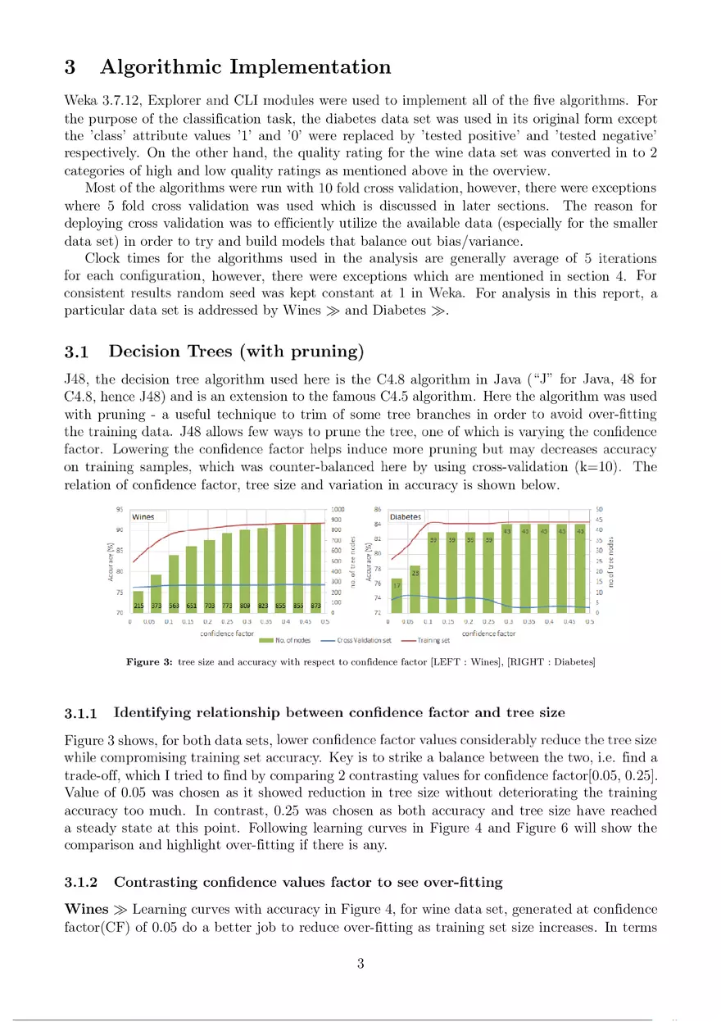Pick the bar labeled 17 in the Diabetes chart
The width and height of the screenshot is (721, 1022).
click(x=397, y=595)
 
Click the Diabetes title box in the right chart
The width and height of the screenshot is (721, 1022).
click(x=406, y=517)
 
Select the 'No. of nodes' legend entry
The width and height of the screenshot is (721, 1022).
click(x=282, y=641)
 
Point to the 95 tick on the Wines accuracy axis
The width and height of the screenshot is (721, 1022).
click(x=120, y=508)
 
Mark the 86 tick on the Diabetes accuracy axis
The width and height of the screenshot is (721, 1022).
click(x=378, y=509)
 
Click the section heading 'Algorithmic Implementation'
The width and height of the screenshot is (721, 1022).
click(x=245, y=67)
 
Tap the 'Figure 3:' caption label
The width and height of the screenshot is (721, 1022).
click(x=148, y=661)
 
